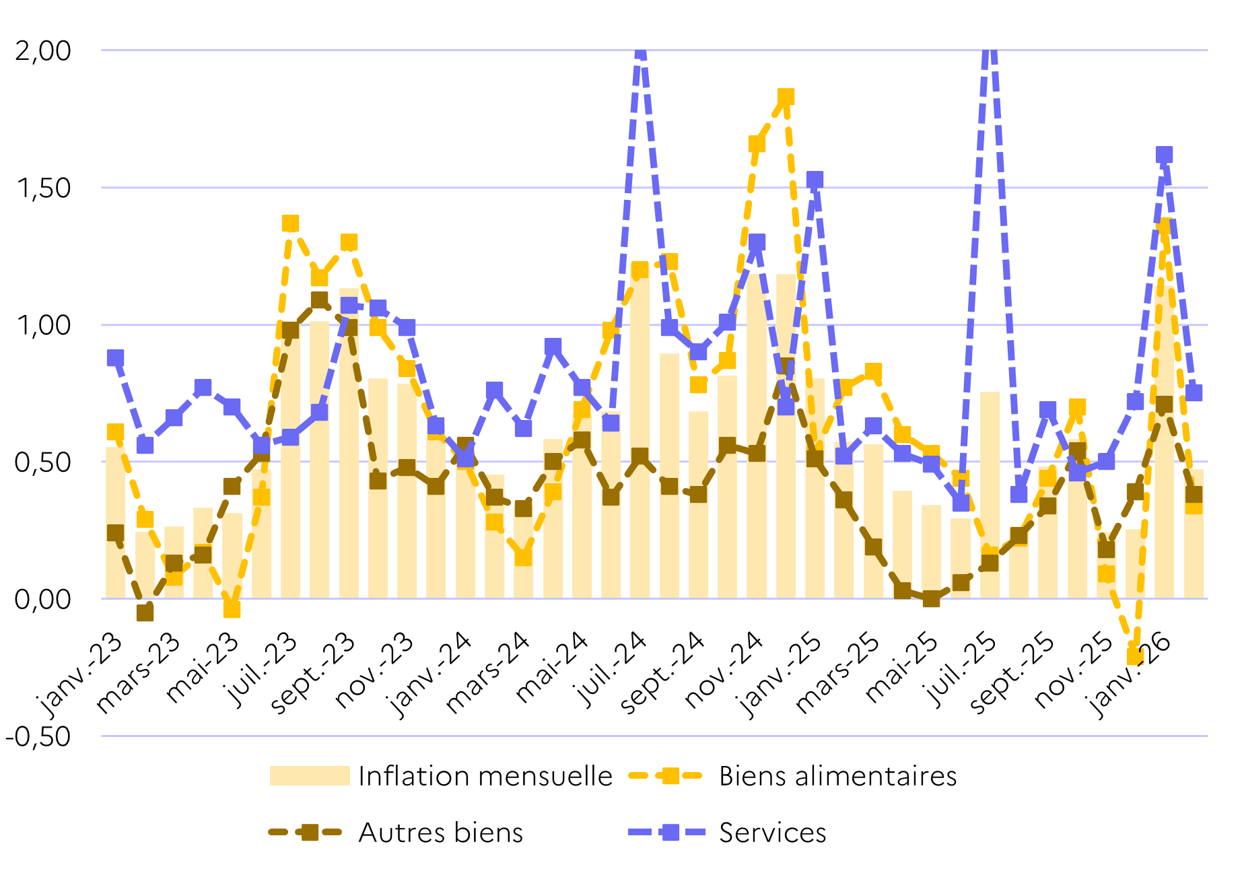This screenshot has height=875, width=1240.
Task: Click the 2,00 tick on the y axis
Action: point(43,51)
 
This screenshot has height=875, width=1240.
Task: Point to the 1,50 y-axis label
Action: point(43,188)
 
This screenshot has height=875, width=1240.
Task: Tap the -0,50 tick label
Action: point(38,736)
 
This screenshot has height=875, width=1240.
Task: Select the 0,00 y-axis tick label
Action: point(43,599)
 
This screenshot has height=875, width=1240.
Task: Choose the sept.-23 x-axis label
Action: point(314,673)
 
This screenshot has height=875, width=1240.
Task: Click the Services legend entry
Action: point(772,833)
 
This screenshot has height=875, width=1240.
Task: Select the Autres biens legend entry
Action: point(440,833)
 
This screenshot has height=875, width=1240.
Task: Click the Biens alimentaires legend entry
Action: point(837,776)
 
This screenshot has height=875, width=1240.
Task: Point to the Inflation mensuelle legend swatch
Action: point(310,776)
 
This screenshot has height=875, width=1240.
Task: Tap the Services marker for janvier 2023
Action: point(115,357)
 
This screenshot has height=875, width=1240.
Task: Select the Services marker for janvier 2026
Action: point(1164,155)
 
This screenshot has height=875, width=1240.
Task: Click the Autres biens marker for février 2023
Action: point(145,612)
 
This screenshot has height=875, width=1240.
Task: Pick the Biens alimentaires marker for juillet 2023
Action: point(290,223)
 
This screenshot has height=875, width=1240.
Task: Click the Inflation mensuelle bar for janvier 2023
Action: point(115,522)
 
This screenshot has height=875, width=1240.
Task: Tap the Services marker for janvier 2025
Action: point(815,180)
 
